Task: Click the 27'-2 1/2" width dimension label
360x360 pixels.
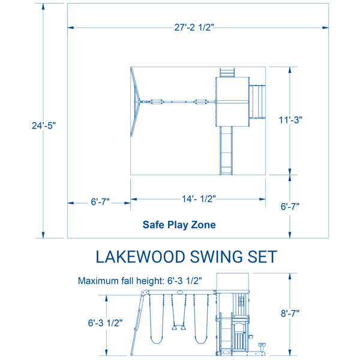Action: [194, 28]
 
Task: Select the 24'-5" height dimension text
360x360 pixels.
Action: [44, 125]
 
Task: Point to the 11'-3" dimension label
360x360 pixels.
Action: [290, 120]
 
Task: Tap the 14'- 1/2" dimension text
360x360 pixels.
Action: [199, 199]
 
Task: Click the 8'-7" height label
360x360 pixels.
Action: [290, 313]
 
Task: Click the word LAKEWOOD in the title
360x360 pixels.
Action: [140, 257]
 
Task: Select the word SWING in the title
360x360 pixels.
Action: [216, 257]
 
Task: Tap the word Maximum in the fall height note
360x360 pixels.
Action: [95, 281]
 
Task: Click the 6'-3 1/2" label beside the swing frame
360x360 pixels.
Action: [105, 323]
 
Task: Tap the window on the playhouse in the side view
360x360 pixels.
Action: [241, 301]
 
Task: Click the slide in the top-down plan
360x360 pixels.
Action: [226, 151]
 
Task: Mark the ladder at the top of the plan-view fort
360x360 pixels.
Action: [227, 73]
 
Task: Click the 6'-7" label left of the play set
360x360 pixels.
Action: [100, 202]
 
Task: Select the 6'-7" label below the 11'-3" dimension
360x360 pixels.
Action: [290, 206]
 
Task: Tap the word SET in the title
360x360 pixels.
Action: [262, 257]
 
